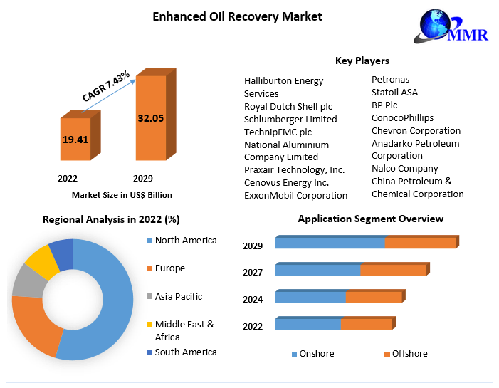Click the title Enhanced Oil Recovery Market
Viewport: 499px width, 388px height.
tap(227, 16)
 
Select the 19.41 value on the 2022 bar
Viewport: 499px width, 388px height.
tap(75, 140)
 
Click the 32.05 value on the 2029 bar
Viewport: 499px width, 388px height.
tap(150, 118)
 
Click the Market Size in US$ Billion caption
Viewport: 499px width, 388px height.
tap(122, 194)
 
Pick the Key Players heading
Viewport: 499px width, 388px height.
tap(362, 61)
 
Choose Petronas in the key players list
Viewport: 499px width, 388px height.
tap(390, 79)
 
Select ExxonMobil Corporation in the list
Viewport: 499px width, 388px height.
tap(295, 195)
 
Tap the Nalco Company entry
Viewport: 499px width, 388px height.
tap(404, 169)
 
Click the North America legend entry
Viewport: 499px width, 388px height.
tap(185, 241)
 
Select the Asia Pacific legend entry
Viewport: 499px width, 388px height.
tap(178, 296)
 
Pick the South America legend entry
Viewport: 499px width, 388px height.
tap(185, 352)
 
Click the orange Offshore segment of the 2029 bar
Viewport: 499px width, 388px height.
tap(420, 243)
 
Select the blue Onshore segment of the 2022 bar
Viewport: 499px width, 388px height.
tap(308, 324)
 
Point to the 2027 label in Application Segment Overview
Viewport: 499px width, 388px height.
tap(253, 272)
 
